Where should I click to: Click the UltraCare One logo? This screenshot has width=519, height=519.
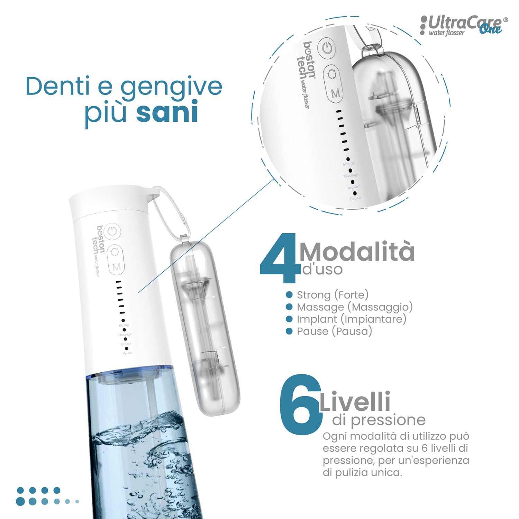pyautogui.click(x=464, y=25)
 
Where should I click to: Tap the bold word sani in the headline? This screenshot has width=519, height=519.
pyautogui.click(x=167, y=111)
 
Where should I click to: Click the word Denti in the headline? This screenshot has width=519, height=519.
pyautogui.click(x=59, y=86)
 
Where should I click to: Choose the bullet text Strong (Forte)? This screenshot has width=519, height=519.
pyautogui.click(x=333, y=295)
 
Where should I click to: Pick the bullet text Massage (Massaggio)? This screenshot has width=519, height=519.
pyautogui.click(x=355, y=307)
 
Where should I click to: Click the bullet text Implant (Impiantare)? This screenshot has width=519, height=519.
pyautogui.click(x=352, y=319)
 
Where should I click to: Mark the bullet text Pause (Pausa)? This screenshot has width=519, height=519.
pyautogui.click(x=334, y=331)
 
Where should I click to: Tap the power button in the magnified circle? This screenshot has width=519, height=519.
pyautogui.click(x=327, y=48)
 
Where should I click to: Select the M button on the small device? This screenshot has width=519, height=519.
pyautogui.click(x=117, y=267)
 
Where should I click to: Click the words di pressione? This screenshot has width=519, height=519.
pyautogui.click(x=379, y=420)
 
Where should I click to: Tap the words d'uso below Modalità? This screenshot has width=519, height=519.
pyautogui.click(x=322, y=269)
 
